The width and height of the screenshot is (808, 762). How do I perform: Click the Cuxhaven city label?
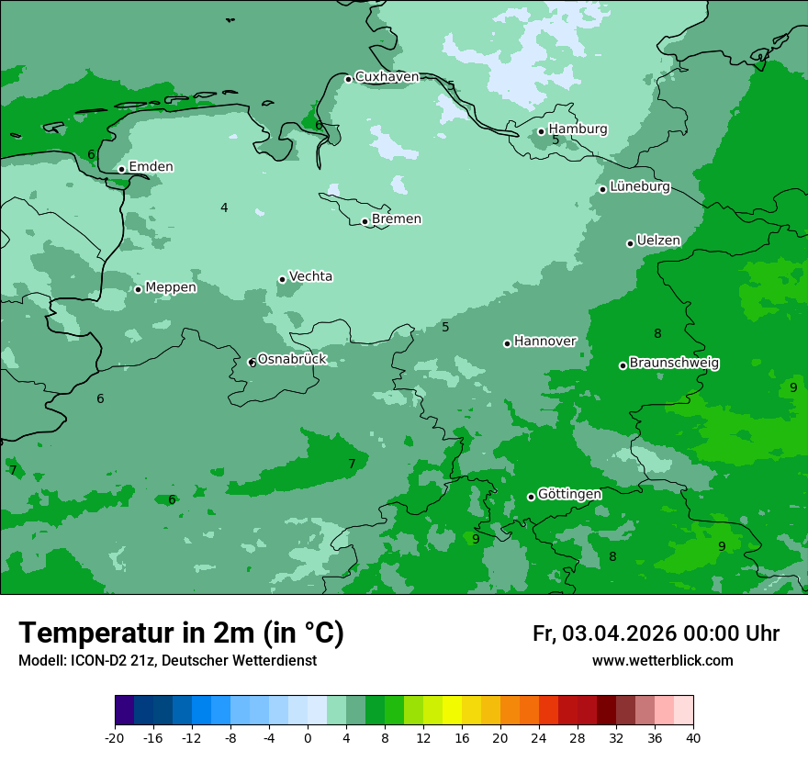pos(387,77)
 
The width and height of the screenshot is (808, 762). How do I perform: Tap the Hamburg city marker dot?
pos(541,131)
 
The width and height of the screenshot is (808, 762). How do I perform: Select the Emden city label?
pos(151,167)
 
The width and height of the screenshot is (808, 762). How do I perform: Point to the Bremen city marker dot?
pos(365,221)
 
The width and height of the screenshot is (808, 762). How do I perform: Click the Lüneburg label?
pos(640,187)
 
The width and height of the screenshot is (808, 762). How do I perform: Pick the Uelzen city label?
pos(658,241)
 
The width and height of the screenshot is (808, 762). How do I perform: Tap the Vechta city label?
pos(310,276)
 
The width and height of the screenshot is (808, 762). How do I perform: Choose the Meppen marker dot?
pos(138,289)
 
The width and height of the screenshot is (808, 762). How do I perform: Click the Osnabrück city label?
pos(292,360)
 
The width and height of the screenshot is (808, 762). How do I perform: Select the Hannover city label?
pos(544,342)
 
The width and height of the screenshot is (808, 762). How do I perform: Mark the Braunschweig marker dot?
pos(623,365)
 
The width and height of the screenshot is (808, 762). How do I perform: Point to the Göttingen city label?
pos(569,495)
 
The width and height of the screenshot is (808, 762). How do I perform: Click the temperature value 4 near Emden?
pos(224,208)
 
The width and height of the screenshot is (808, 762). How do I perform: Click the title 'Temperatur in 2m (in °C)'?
pos(181,633)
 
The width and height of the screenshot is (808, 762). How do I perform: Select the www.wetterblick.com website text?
pos(662,661)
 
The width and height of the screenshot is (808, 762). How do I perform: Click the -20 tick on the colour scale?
pos(115,737)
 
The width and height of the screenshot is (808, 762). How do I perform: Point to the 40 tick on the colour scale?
pos(693,737)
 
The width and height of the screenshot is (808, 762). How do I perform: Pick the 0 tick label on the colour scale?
pos(308,737)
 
